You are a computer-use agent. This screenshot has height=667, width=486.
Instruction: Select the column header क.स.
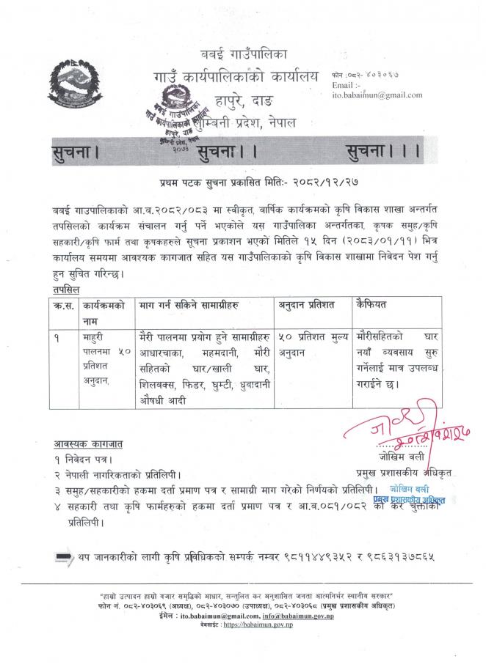point(61,304)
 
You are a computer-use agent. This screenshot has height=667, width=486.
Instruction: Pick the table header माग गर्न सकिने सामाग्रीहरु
point(192,304)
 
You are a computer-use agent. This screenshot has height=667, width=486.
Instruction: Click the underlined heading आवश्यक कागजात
point(87,444)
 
